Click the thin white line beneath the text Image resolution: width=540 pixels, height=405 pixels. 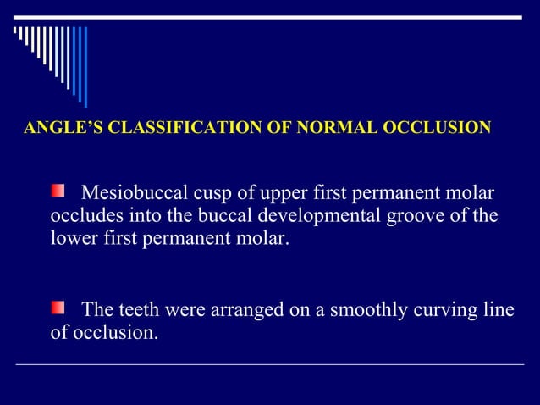270,364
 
